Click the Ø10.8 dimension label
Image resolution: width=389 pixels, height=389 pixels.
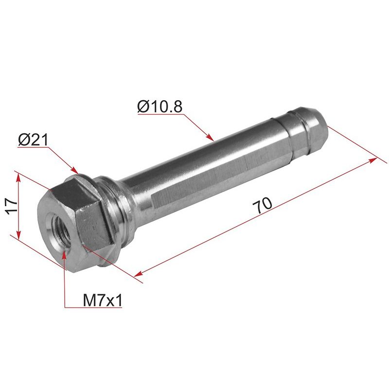160,106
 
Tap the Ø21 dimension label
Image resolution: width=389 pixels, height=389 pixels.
33,140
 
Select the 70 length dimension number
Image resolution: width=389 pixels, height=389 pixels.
263,205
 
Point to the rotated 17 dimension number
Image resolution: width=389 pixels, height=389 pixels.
12,206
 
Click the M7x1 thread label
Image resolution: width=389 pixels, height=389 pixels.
103,301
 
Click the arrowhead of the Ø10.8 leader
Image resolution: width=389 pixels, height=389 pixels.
211,138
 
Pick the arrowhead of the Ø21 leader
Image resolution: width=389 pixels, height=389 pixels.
75,170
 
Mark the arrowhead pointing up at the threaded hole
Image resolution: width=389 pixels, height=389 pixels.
65,253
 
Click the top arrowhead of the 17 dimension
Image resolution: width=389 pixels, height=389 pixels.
18,177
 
